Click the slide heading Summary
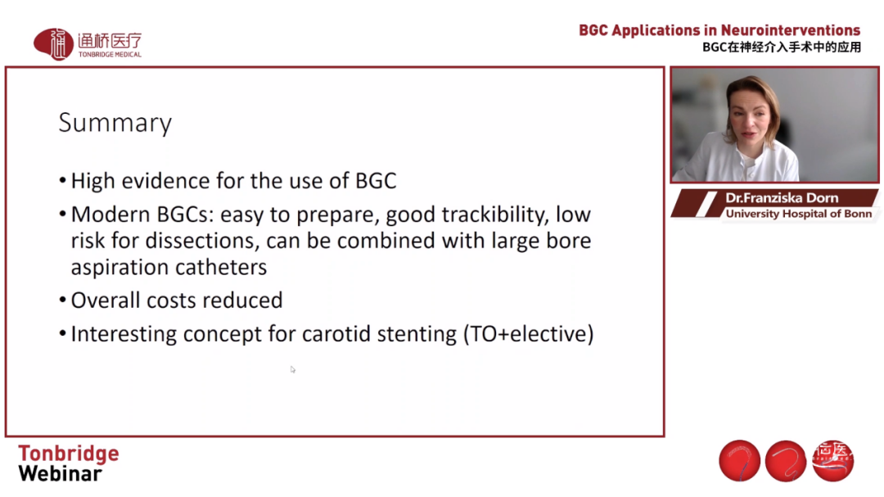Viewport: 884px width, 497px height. [115, 123]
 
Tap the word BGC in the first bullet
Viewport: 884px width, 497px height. [376, 180]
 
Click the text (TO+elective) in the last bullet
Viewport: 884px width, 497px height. [528, 334]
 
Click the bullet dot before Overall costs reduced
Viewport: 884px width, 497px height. [62, 300]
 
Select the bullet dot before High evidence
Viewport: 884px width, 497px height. [62, 181]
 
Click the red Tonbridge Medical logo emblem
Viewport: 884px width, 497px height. [53, 43]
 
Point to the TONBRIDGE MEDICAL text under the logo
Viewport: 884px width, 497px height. [110, 55]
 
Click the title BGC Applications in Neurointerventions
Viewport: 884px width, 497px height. [719, 30]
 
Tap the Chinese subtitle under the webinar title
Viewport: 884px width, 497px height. [782, 47]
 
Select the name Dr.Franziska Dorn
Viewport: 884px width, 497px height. [782, 198]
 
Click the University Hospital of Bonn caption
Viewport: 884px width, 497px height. [799, 214]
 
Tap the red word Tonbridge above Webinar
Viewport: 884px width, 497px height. [69, 454]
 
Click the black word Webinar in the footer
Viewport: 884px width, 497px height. [61, 473]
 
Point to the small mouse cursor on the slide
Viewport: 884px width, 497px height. [292, 369]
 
